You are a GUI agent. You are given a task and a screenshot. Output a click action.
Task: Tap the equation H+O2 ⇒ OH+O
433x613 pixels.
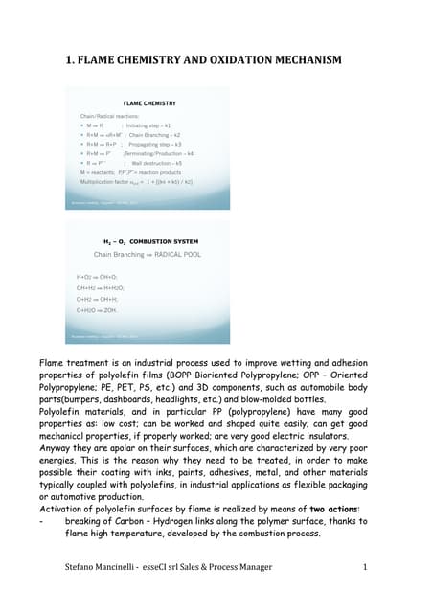click(x=99, y=277)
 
